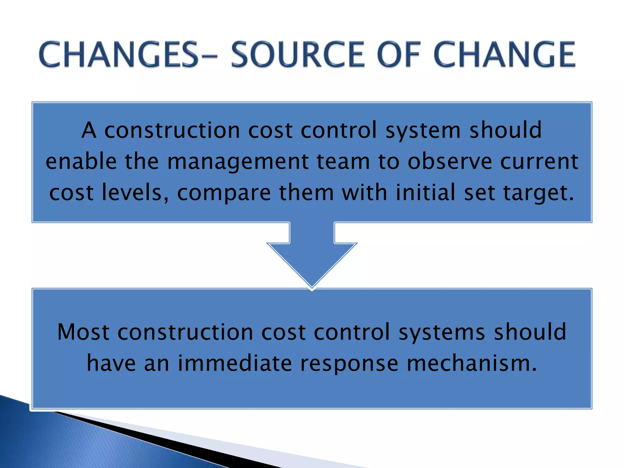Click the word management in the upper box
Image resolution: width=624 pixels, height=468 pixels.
(x=238, y=161)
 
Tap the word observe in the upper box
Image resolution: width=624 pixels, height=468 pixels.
(x=450, y=161)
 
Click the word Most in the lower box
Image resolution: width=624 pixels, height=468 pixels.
(x=83, y=332)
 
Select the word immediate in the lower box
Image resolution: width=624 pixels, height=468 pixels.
(x=235, y=363)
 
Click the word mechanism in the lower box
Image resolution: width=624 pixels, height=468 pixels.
(x=472, y=363)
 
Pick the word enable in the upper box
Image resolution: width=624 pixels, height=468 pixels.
(x=81, y=161)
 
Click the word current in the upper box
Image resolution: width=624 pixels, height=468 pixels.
(x=539, y=161)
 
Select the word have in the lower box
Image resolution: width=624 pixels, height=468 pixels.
(x=111, y=363)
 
